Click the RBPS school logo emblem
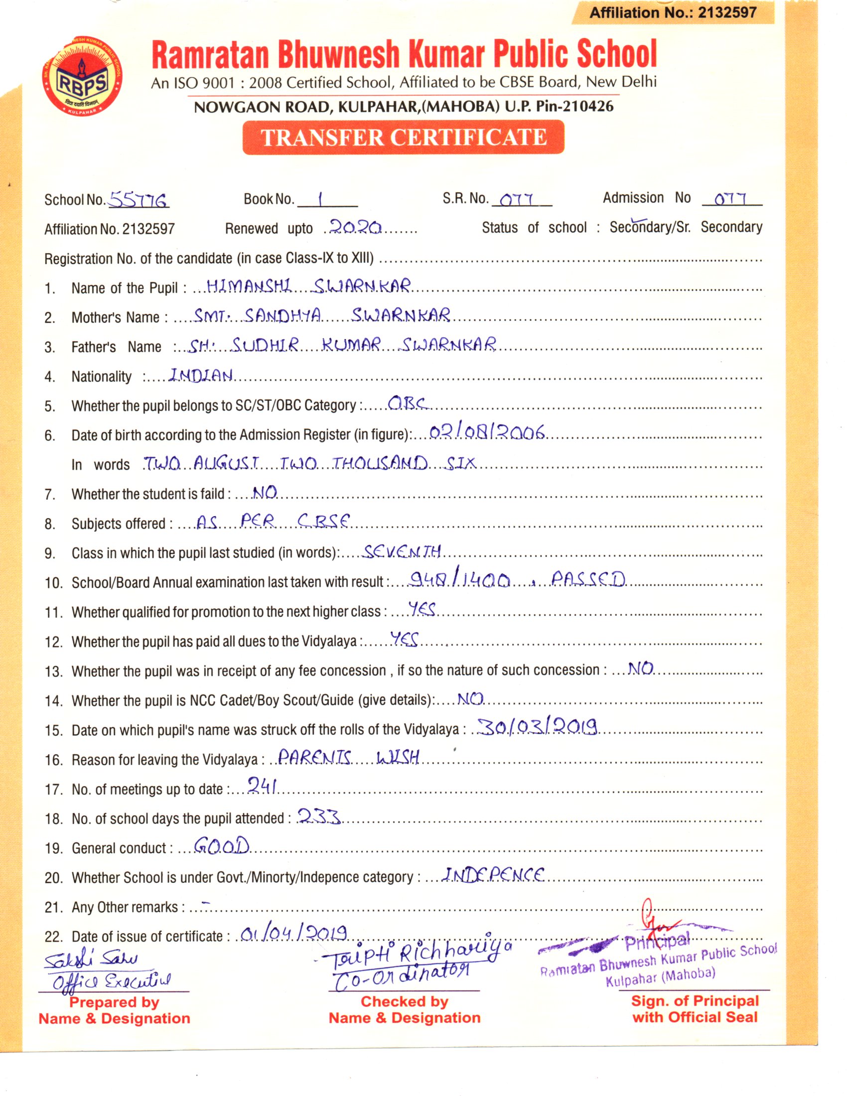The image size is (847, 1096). coord(82,81)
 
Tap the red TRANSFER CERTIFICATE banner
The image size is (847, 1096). coord(404,137)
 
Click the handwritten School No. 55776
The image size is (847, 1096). coord(139,200)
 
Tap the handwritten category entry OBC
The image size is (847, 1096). coord(408,404)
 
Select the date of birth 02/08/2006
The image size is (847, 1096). coord(487,432)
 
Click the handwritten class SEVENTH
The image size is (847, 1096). coord(402,551)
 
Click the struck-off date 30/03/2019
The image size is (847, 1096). coord(538,727)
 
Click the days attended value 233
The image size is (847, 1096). coord(319,816)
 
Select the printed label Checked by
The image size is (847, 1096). coord(404,1001)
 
